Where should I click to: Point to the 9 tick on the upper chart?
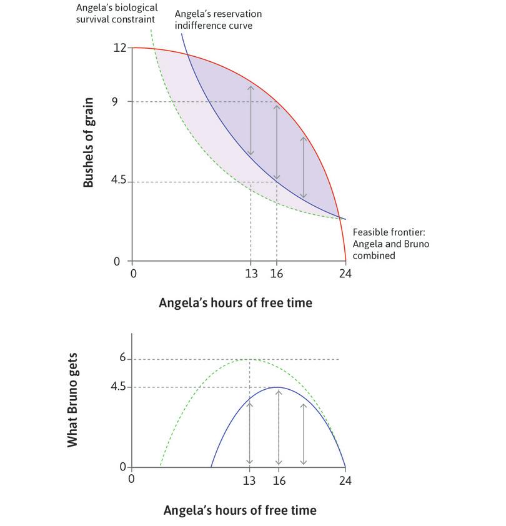tap(115, 101)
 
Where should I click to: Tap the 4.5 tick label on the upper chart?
tap(119, 181)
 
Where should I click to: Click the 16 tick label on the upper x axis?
tap(277, 274)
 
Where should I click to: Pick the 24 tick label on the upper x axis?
tap(344, 274)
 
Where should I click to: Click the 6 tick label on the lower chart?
tap(123, 359)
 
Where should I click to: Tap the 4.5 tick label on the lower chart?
tap(119, 387)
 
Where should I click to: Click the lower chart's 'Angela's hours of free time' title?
tap(240, 510)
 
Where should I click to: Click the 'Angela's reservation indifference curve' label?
tap(218, 20)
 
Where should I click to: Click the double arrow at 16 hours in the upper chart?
tap(277, 142)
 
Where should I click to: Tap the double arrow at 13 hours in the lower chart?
tap(250, 432)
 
